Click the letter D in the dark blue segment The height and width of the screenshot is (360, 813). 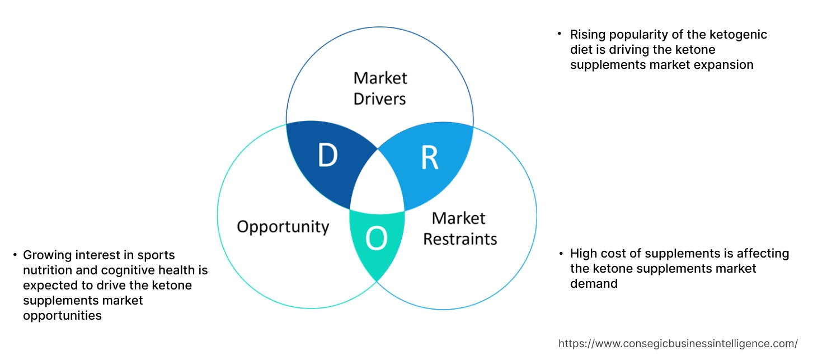click(327, 156)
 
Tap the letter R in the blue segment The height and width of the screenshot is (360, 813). click(429, 158)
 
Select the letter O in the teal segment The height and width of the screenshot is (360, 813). click(376, 240)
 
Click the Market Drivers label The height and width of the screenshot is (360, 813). click(380, 88)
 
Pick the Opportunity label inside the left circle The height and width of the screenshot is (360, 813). click(283, 227)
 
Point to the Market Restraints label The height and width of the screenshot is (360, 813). click(459, 228)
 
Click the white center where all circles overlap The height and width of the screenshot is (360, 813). click(378, 185)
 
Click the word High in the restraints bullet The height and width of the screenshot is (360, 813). click(584, 254)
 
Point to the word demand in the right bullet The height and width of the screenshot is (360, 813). click(594, 284)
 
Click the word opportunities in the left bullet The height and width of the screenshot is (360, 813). click(62, 316)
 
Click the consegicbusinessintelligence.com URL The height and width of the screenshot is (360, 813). click(678, 343)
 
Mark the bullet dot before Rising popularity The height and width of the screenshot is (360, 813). click(560, 34)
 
